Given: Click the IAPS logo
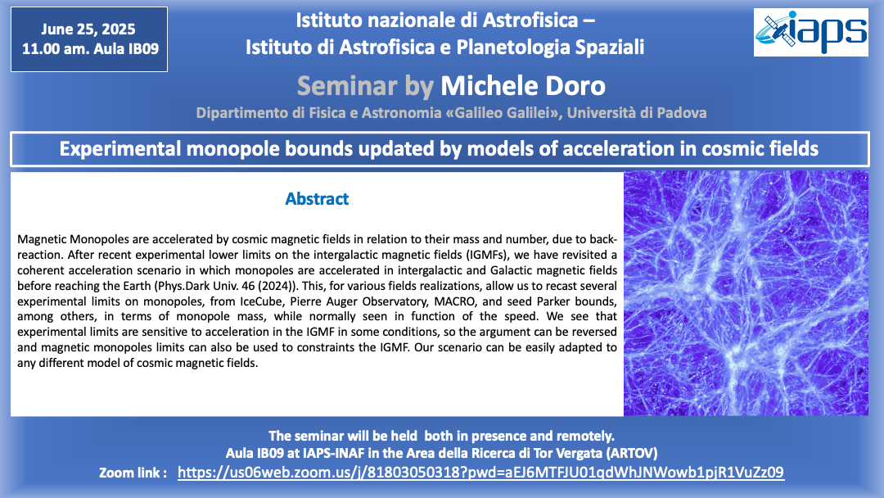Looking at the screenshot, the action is pos(810,32).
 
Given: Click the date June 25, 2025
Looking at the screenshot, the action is pos(88,29).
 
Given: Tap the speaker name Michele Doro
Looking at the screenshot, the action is pos(522,86).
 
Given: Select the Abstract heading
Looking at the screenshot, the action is pos(317,198).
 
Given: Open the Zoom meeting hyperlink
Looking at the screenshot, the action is pos(480,472).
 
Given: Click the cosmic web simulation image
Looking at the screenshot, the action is pos(746,293).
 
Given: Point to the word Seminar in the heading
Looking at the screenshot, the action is pos(347,86).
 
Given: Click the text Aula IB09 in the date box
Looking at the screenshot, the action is pos(126,49).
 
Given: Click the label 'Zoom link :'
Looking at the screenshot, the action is pos(133,473).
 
